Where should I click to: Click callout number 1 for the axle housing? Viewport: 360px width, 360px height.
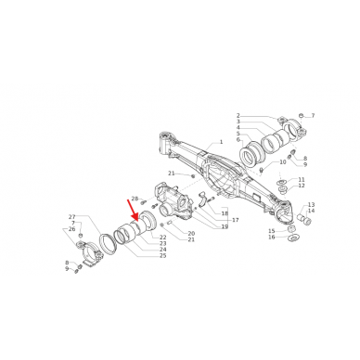221,143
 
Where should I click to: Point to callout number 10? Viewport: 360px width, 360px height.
284,162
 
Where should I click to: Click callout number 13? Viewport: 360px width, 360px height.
312,204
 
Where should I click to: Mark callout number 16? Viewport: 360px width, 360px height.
272,238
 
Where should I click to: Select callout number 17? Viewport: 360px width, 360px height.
236,220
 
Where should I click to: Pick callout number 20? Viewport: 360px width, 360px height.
191,233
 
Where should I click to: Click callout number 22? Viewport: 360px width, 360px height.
162,238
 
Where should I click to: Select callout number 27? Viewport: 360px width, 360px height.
71,216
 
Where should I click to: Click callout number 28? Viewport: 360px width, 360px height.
135,199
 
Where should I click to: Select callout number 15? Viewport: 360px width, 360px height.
272,230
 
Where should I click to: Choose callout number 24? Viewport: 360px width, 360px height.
162,250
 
